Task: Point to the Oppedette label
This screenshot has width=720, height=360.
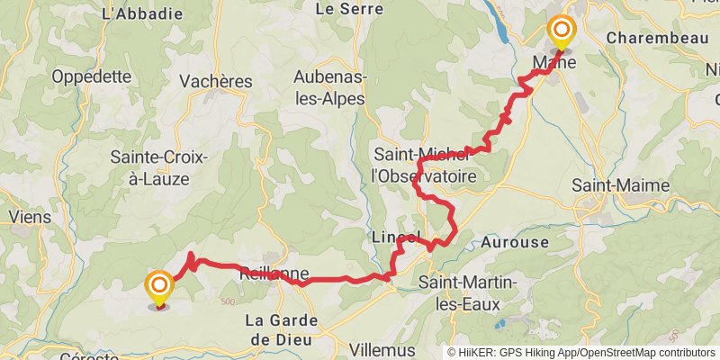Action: point(91,76)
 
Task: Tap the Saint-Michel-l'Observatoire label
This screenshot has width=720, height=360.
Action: point(425,166)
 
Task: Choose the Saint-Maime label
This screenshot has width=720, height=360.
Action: point(621,185)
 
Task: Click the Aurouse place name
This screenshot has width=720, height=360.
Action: point(515,242)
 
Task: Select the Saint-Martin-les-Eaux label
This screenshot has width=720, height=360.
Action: point(468,294)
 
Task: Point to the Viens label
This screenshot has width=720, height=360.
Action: point(30,216)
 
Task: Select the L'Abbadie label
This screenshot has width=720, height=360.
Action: point(143,13)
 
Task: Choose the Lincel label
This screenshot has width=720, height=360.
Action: point(396,237)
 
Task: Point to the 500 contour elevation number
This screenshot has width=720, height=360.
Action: point(226,301)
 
